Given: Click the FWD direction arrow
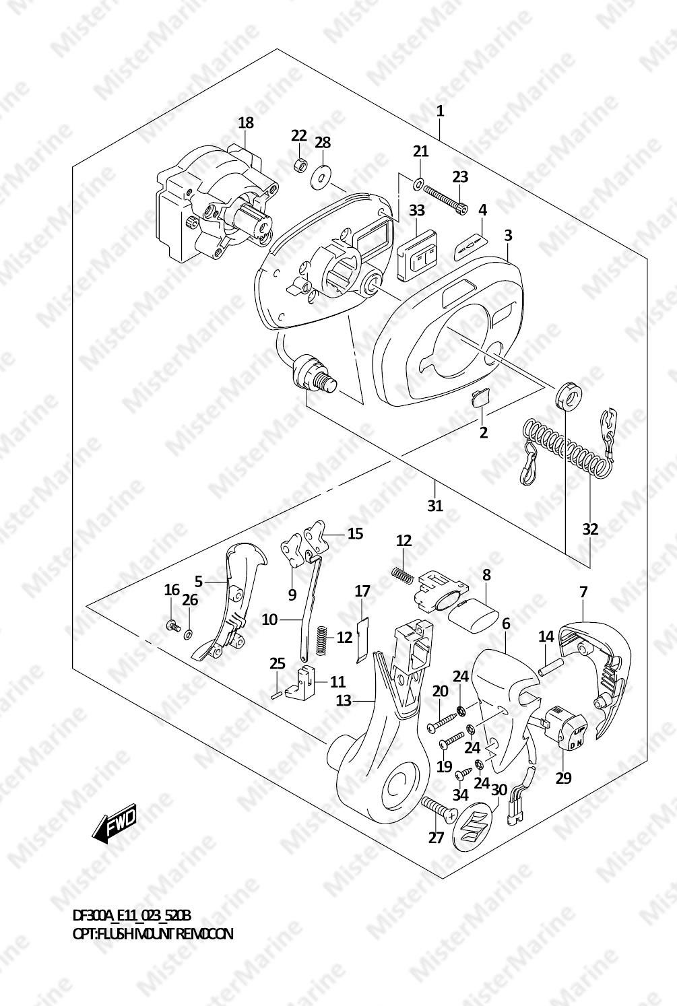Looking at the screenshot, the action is coord(114,824).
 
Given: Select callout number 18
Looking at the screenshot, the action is coord(246,123).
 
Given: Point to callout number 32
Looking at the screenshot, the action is coord(590,529).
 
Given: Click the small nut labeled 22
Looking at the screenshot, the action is coord(299,166).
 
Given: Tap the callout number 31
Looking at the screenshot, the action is coord(435,506).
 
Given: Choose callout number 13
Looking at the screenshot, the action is coord(344,700).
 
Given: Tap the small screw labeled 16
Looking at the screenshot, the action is coord(172,624).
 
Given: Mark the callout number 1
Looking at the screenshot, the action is coord(440,111).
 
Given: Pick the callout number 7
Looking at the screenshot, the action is coord(583,592).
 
